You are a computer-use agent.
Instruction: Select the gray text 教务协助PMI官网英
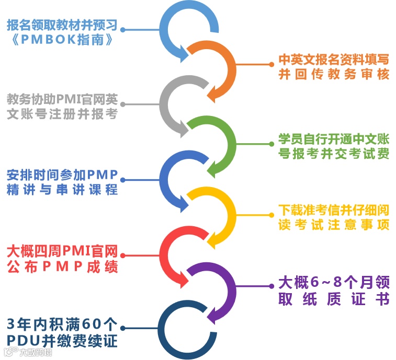[62, 99]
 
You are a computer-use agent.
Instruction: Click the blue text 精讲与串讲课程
[62, 190]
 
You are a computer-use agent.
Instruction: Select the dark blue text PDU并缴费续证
[62, 341]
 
